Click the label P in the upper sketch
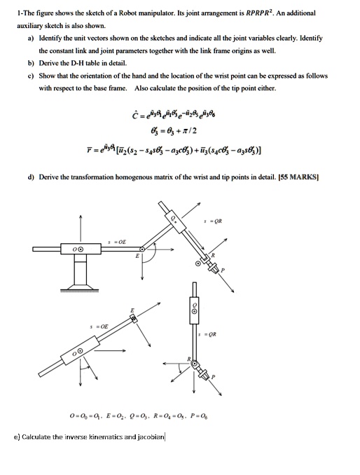tap(223, 270)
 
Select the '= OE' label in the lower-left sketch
tap(92, 326)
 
